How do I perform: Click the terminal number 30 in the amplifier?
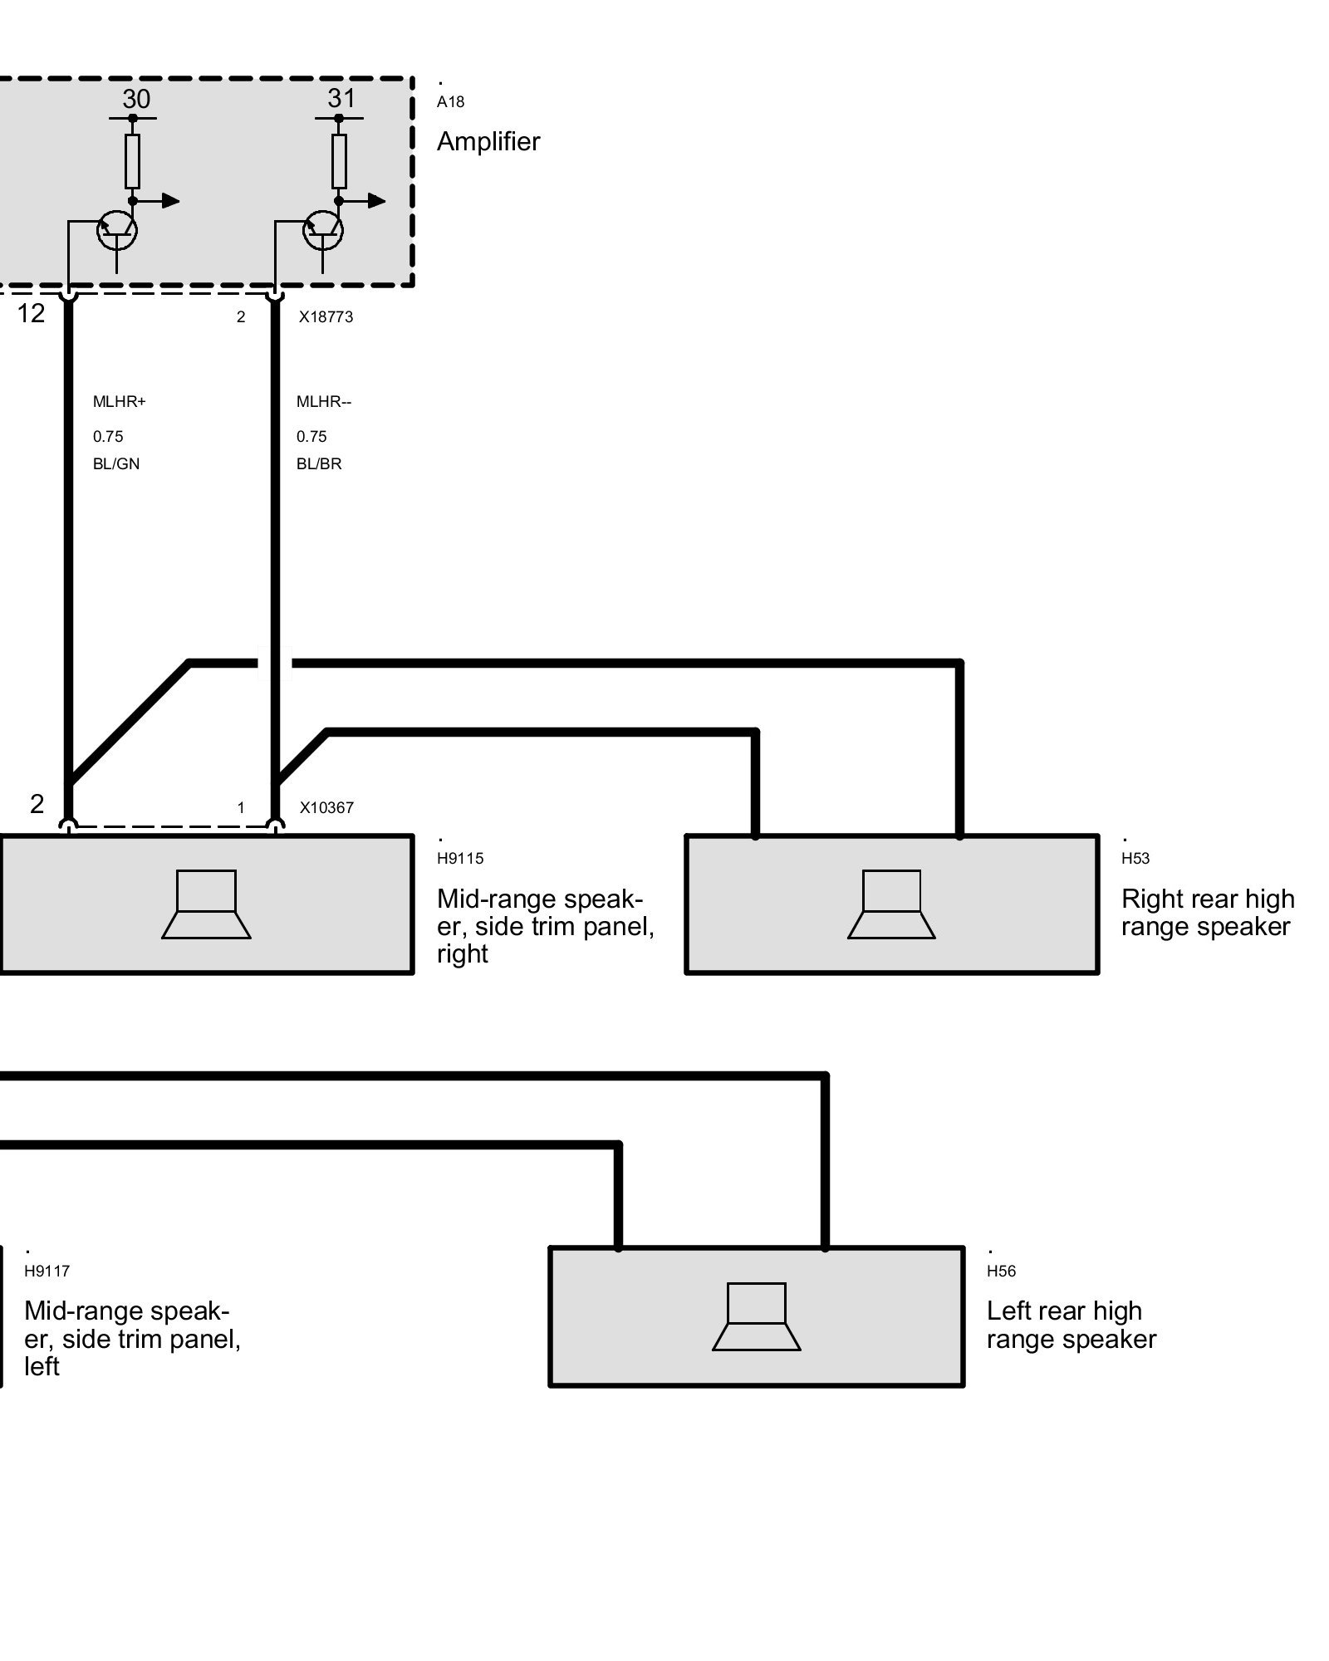click(x=136, y=99)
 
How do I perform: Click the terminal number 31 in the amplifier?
click(x=341, y=98)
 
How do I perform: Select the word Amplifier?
click(x=488, y=141)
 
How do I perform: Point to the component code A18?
click(x=450, y=102)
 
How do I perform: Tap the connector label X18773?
click(x=326, y=316)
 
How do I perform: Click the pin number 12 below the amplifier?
click(x=32, y=313)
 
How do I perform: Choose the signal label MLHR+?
click(x=119, y=402)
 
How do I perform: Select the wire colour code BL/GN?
click(x=116, y=464)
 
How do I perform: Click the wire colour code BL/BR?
click(x=319, y=464)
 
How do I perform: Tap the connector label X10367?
click(x=326, y=807)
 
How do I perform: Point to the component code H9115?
click(x=460, y=859)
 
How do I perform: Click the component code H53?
click(x=1135, y=859)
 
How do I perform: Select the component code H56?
click(x=1001, y=1271)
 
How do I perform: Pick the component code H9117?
click(x=47, y=1271)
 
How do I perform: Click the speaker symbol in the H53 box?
click(x=891, y=904)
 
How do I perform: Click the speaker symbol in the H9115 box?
click(x=206, y=904)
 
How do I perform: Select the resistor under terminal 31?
click(x=339, y=161)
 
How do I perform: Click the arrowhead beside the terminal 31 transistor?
click(x=376, y=201)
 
